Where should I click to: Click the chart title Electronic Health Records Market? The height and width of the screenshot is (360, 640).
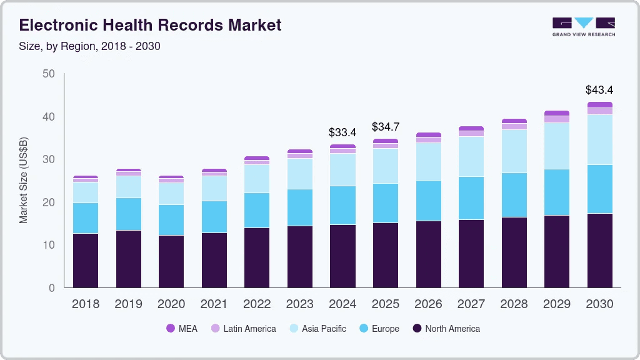click(x=150, y=25)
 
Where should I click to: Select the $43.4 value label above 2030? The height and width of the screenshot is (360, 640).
click(x=599, y=90)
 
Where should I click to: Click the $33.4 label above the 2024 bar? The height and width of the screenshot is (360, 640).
click(x=342, y=132)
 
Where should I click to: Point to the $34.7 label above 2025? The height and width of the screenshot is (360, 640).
click(x=386, y=127)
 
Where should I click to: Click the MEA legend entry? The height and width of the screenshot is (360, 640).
click(x=182, y=329)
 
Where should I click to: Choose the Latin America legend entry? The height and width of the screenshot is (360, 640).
click(x=243, y=329)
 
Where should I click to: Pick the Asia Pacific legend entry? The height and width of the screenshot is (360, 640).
click(x=317, y=329)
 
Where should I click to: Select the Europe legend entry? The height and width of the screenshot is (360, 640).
click(x=378, y=329)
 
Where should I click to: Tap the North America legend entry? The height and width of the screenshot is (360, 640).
click(x=446, y=329)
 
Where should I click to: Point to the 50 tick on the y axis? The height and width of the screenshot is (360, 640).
click(x=48, y=74)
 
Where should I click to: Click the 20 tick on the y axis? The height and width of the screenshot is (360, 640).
click(x=48, y=202)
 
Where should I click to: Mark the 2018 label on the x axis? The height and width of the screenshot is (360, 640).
click(x=85, y=304)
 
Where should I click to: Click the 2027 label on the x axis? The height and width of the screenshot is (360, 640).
click(x=471, y=304)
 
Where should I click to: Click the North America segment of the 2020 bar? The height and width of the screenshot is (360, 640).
click(x=171, y=261)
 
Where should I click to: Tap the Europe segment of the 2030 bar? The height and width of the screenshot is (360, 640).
click(x=599, y=189)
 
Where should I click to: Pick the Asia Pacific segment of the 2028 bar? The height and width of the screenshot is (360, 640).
click(x=514, y=151)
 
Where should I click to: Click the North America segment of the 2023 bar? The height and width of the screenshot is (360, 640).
click(x=299, y=256)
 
